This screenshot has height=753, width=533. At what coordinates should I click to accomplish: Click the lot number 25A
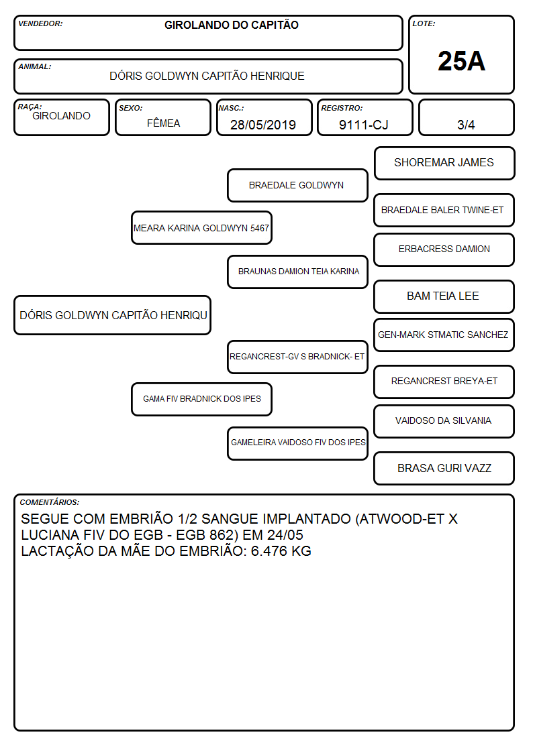pos(461,61)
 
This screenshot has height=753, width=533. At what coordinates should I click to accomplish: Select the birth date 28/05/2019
pos(263,125)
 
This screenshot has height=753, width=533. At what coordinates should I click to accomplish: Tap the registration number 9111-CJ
pos(363,125)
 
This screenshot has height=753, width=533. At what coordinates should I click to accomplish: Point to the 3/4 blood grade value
pos(466,125)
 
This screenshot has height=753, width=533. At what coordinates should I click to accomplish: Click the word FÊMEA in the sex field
pos(163,123)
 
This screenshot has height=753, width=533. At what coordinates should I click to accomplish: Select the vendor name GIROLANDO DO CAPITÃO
pos(231,25)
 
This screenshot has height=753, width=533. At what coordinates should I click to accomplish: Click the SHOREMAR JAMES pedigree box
pos(444,164)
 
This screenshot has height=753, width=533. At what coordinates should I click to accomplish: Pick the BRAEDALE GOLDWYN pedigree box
pos(297,185)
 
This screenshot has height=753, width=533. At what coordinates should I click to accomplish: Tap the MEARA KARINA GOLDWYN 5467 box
pos(201,227)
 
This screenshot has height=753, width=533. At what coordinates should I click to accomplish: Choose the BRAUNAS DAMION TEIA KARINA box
pos(297,272)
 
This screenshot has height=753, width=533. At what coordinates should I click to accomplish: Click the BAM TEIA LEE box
pos(444,296)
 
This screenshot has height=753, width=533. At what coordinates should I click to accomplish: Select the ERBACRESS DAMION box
pos(444,249)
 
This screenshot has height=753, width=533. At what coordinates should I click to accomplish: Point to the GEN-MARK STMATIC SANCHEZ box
pos(444,335)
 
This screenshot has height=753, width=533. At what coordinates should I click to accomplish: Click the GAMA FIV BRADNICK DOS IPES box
pos(201,399)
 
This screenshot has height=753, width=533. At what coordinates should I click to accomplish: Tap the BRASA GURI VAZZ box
pos(444,468)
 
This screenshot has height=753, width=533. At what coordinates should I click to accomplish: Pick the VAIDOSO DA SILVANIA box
pos(444,421)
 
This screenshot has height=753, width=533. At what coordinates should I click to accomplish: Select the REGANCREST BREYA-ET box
pos(444,382)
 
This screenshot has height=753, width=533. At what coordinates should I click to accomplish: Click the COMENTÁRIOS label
pos(50,502)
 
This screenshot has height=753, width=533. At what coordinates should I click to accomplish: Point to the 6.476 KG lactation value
pos(281,551)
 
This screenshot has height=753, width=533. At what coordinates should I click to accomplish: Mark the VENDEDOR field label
pos(40,23)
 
